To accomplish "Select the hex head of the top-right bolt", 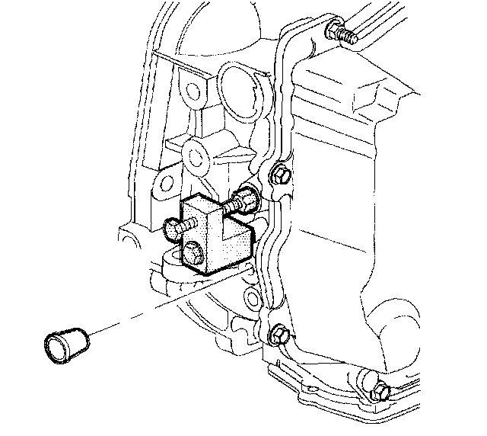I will (332, 30).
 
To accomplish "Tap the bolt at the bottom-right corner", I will (380, 391).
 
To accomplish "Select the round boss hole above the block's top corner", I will (197, 156).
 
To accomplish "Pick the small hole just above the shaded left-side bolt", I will (163, 183).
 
